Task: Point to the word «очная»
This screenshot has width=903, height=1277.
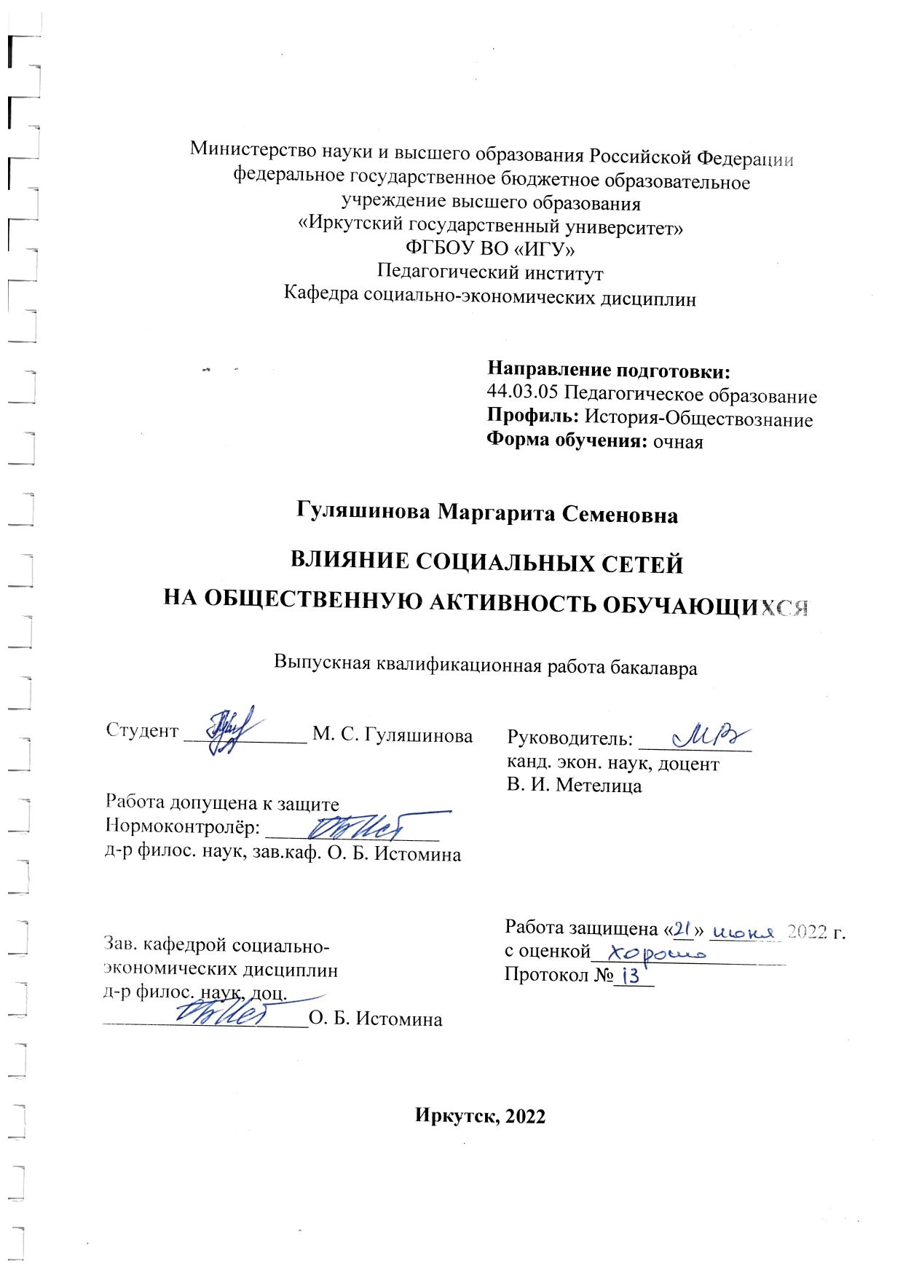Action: tap(678, 441)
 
